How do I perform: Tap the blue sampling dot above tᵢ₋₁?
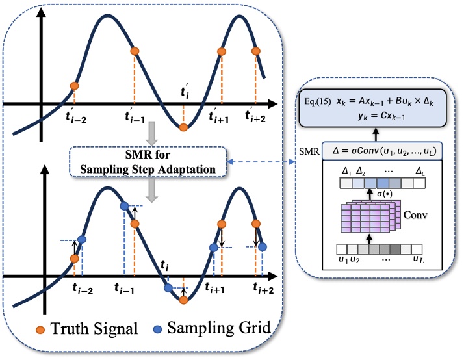(124, 205)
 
